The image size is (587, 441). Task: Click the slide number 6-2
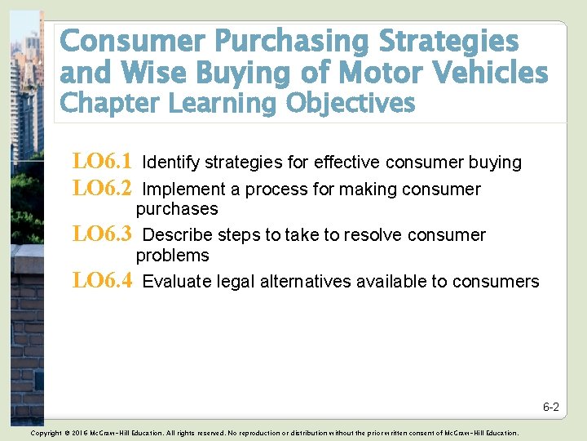[x=551, y=407]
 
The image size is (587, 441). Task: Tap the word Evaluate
[x=175, y=282]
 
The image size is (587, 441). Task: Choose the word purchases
[x=177, y=209]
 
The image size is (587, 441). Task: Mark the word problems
[x=173, y=256]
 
